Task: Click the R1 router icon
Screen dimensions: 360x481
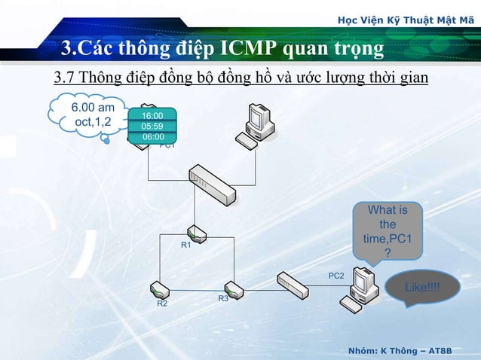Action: tap(197, 233)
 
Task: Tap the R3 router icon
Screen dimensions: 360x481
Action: tap(234, 289)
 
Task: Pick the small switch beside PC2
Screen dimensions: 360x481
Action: tap(293, 283)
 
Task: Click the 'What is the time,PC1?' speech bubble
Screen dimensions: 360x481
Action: tap(388, 230)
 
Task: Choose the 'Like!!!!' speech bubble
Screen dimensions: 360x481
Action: tap(422, 288)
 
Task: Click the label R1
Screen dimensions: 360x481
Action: tap(185, 246)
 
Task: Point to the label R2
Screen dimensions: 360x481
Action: tap(162, 304)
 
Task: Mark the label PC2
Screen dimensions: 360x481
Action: tap(336, 276)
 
